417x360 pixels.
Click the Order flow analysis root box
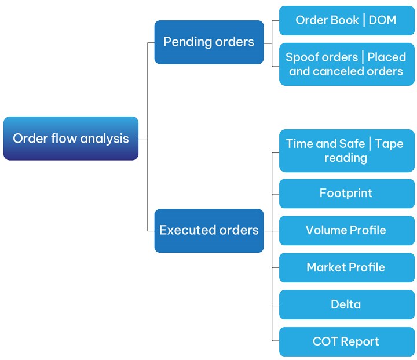(x=71, y=139)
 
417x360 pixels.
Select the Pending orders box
(x=209, y=42)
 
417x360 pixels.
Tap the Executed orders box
(x=209, y=230)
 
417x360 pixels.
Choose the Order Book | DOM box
(x=346, y=20)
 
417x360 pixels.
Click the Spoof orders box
(x=346, y=64)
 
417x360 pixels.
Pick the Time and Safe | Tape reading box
(x=346, y=151)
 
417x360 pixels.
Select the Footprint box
(x=346, y=193)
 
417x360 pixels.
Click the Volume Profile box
(x=346, y=230)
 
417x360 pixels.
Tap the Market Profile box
(x=346, y=267)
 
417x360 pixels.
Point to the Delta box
(x=346, y=304)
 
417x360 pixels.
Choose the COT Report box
(x=346, y=341)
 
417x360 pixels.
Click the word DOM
(x=383, y=20)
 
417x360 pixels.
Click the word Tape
(x=389, y=144)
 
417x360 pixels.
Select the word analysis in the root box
(x=105, y=139)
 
